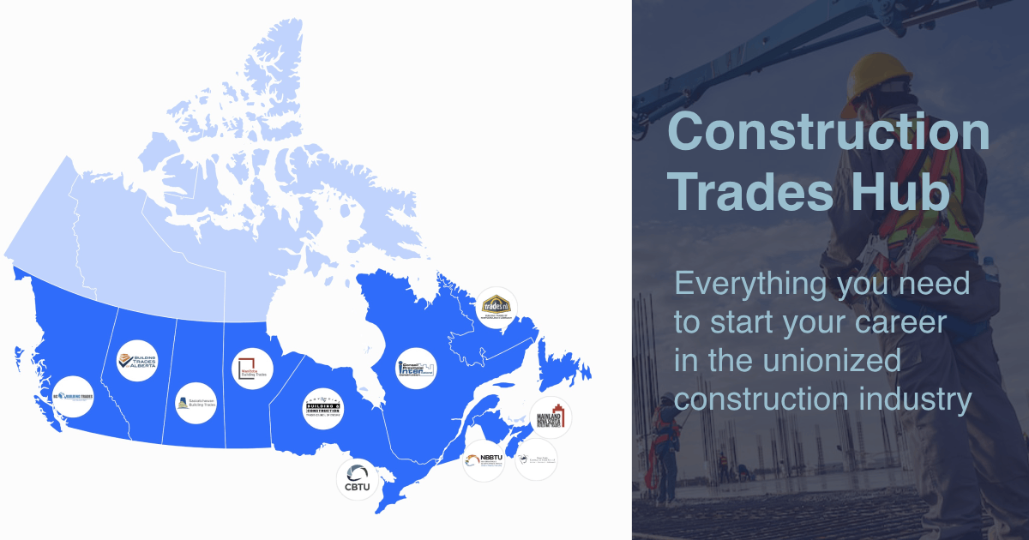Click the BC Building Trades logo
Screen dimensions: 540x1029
(72, 398)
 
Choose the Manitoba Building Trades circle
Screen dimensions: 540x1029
(254, 369)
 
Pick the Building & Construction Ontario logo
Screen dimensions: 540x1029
(323, 411)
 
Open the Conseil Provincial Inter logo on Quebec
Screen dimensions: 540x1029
(416, 369)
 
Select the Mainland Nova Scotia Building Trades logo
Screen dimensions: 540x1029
(551, 417)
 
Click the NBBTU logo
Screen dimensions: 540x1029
(484, 461)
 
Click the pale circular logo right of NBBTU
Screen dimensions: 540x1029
(536, 460)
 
